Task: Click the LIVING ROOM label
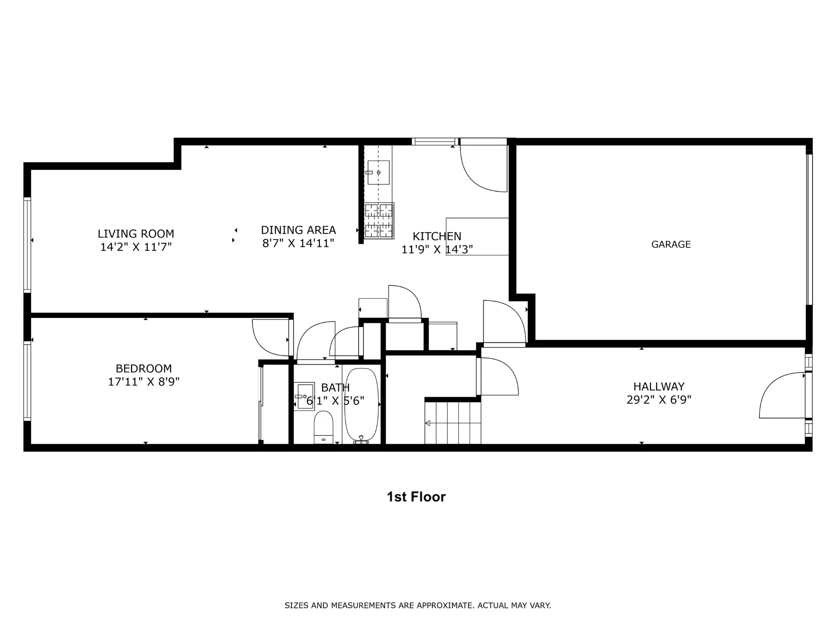(136, 234)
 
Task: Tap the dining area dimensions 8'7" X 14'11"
(298, 243)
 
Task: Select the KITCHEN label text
(437, 236)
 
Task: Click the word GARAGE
(671, 245)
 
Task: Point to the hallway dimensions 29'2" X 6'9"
(658, 400)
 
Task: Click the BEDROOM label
(144, 369)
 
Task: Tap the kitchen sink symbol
(378, 172)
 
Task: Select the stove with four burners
(379, 221)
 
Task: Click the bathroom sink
(304, 396)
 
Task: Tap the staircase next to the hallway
(453, 423)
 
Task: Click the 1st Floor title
(416, 497)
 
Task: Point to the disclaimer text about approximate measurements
(418, 605)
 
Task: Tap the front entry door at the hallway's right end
(782, 395)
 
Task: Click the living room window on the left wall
(27, 245)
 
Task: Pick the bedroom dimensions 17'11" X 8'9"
(144, 382)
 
